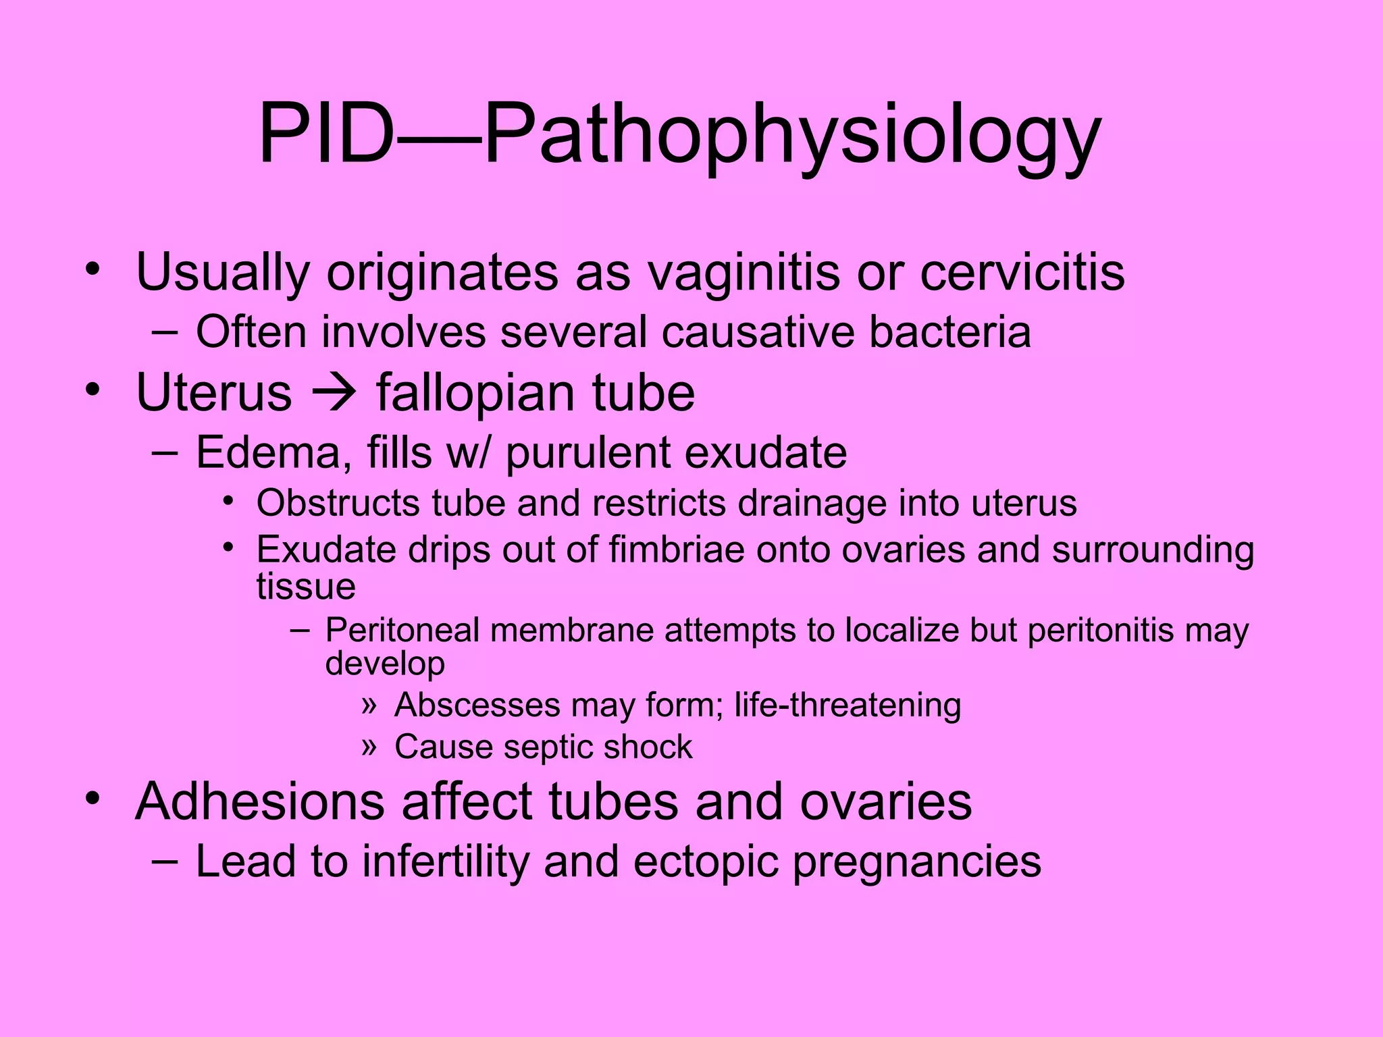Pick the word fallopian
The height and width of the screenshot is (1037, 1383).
tap(477, 394)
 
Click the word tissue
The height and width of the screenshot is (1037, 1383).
tap(305, 585)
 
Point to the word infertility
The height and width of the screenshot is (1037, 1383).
tap(446, 862)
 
